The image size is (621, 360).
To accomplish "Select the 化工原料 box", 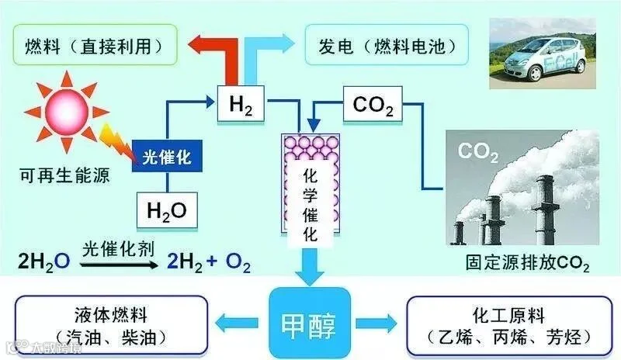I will click(x=509, y=326).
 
